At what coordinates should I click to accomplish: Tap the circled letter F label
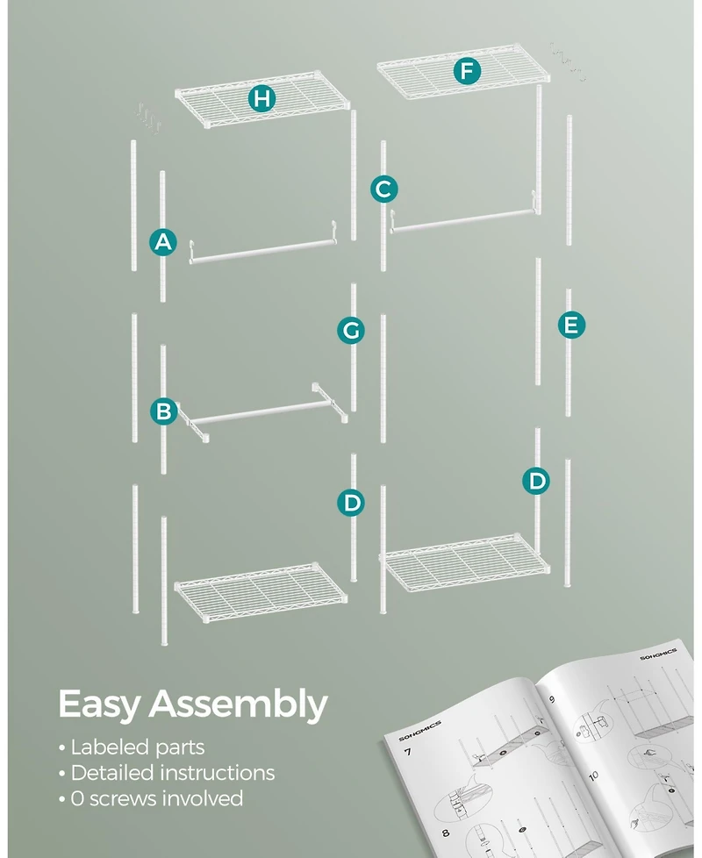click(x=467, y=71)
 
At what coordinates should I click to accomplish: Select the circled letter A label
click(x=163, y=242)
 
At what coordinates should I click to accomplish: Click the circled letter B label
click(x=163, y=411)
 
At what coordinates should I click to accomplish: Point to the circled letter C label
click(x=383, y=189)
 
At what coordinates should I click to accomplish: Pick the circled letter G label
click(x=350, y=330)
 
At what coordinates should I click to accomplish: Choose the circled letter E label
click(x=571, y=325)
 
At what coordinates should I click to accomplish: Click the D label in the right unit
click(x=537, y=480)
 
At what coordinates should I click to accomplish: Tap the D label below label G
click(x=350, y=503)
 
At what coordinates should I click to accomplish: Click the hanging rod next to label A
click(x=263, y=252)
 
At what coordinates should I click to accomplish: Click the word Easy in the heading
click(x=98, y=704)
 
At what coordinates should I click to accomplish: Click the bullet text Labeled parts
click(x=137, y=747)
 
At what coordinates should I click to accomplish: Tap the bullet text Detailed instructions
click(x=172, y=773)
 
